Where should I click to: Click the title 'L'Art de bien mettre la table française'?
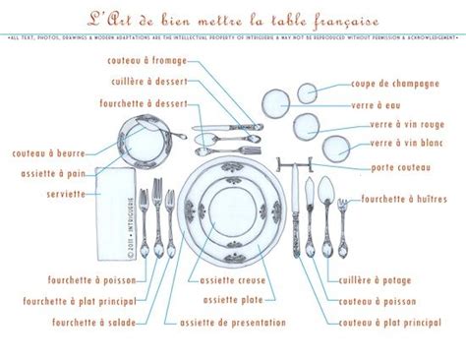point(233,18)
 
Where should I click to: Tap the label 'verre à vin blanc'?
point(400,144)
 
